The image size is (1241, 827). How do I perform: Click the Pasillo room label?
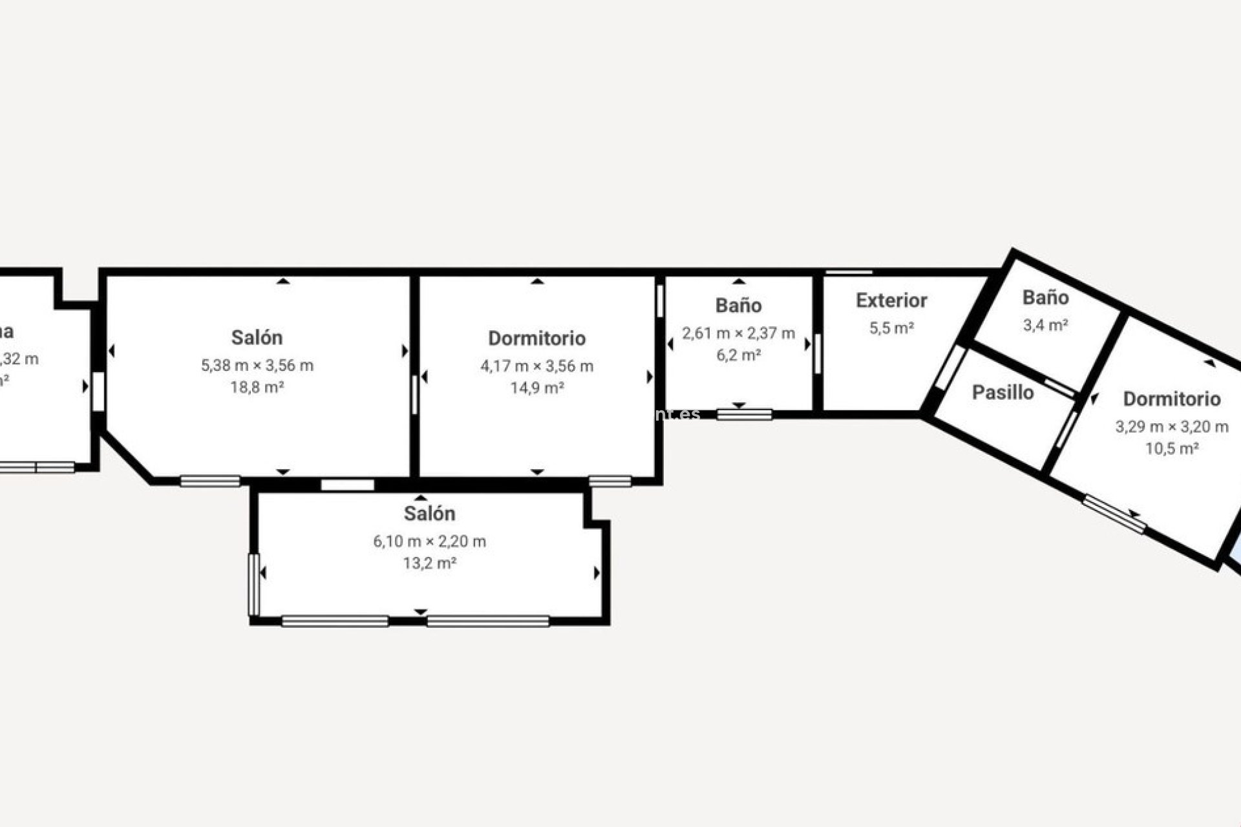click(1002, 392)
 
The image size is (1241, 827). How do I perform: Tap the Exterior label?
click(891, 300)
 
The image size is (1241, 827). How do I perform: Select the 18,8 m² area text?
click(257, 388)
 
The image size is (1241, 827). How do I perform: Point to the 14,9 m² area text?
click(536, 388)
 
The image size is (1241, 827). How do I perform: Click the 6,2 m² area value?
click(738, 355)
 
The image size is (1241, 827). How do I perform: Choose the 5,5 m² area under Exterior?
click(891, 328)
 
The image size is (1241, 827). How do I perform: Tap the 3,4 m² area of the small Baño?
click(1045, 325)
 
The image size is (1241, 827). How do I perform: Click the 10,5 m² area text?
click(1172, 448)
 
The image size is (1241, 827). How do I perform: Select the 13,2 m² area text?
click(430, 563)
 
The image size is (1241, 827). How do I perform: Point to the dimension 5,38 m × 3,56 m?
click(257, 366)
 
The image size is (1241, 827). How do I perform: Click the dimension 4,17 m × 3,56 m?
click(536, 366)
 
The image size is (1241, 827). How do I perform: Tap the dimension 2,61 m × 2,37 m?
click(738, 333)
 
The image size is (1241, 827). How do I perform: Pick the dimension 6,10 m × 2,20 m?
click(430, 541)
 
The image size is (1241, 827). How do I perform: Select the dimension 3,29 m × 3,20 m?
click(1172, 426)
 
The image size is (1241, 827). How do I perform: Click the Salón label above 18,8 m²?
click(257, 337)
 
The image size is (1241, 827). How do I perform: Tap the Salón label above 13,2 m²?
click(430, 514)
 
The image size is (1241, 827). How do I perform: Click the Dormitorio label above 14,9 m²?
click(536, 339)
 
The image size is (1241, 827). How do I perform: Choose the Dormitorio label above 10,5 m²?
click(1172, 399)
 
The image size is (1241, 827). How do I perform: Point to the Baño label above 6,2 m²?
click(738, 306)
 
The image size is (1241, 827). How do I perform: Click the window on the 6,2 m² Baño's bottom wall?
click(745, 414)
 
